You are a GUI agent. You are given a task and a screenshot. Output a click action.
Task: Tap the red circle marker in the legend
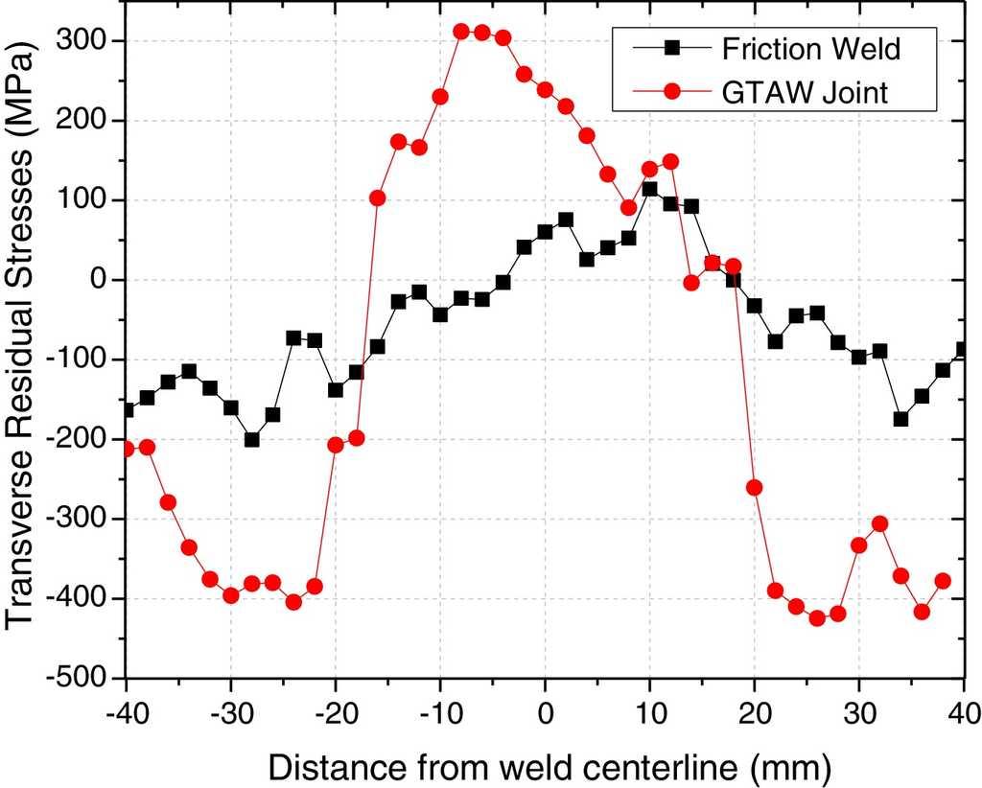671,92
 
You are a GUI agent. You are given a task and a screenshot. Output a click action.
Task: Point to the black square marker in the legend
671,45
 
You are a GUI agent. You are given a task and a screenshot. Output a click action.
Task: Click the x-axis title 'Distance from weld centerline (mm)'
549,766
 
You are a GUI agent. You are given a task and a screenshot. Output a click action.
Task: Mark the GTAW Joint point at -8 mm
461,32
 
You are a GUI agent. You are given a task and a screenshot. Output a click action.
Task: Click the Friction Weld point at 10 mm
650,189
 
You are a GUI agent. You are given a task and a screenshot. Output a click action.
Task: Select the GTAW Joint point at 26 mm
817,618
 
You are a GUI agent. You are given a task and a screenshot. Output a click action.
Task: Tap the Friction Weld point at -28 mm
251,439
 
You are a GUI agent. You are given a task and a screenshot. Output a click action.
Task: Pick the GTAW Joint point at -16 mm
377,197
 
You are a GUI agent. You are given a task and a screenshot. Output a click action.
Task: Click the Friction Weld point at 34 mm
900,419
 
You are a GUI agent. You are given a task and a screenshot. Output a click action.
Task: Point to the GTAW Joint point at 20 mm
755,487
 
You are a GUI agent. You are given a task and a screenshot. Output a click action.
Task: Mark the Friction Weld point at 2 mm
566,220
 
